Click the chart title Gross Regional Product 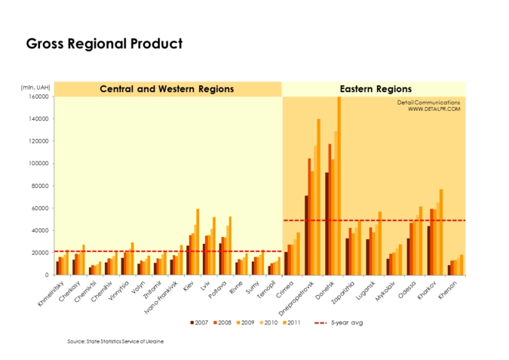[104, 44]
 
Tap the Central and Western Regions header [167, 89]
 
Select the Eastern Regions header [376, 89]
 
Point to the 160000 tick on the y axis [38, 97]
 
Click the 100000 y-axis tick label [38, 163]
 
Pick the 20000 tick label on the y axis [40, 252]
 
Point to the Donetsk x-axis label [333, 291]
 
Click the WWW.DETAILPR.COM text [434, 109]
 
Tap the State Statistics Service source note [115, 342]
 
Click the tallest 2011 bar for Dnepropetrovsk [318, 197]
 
